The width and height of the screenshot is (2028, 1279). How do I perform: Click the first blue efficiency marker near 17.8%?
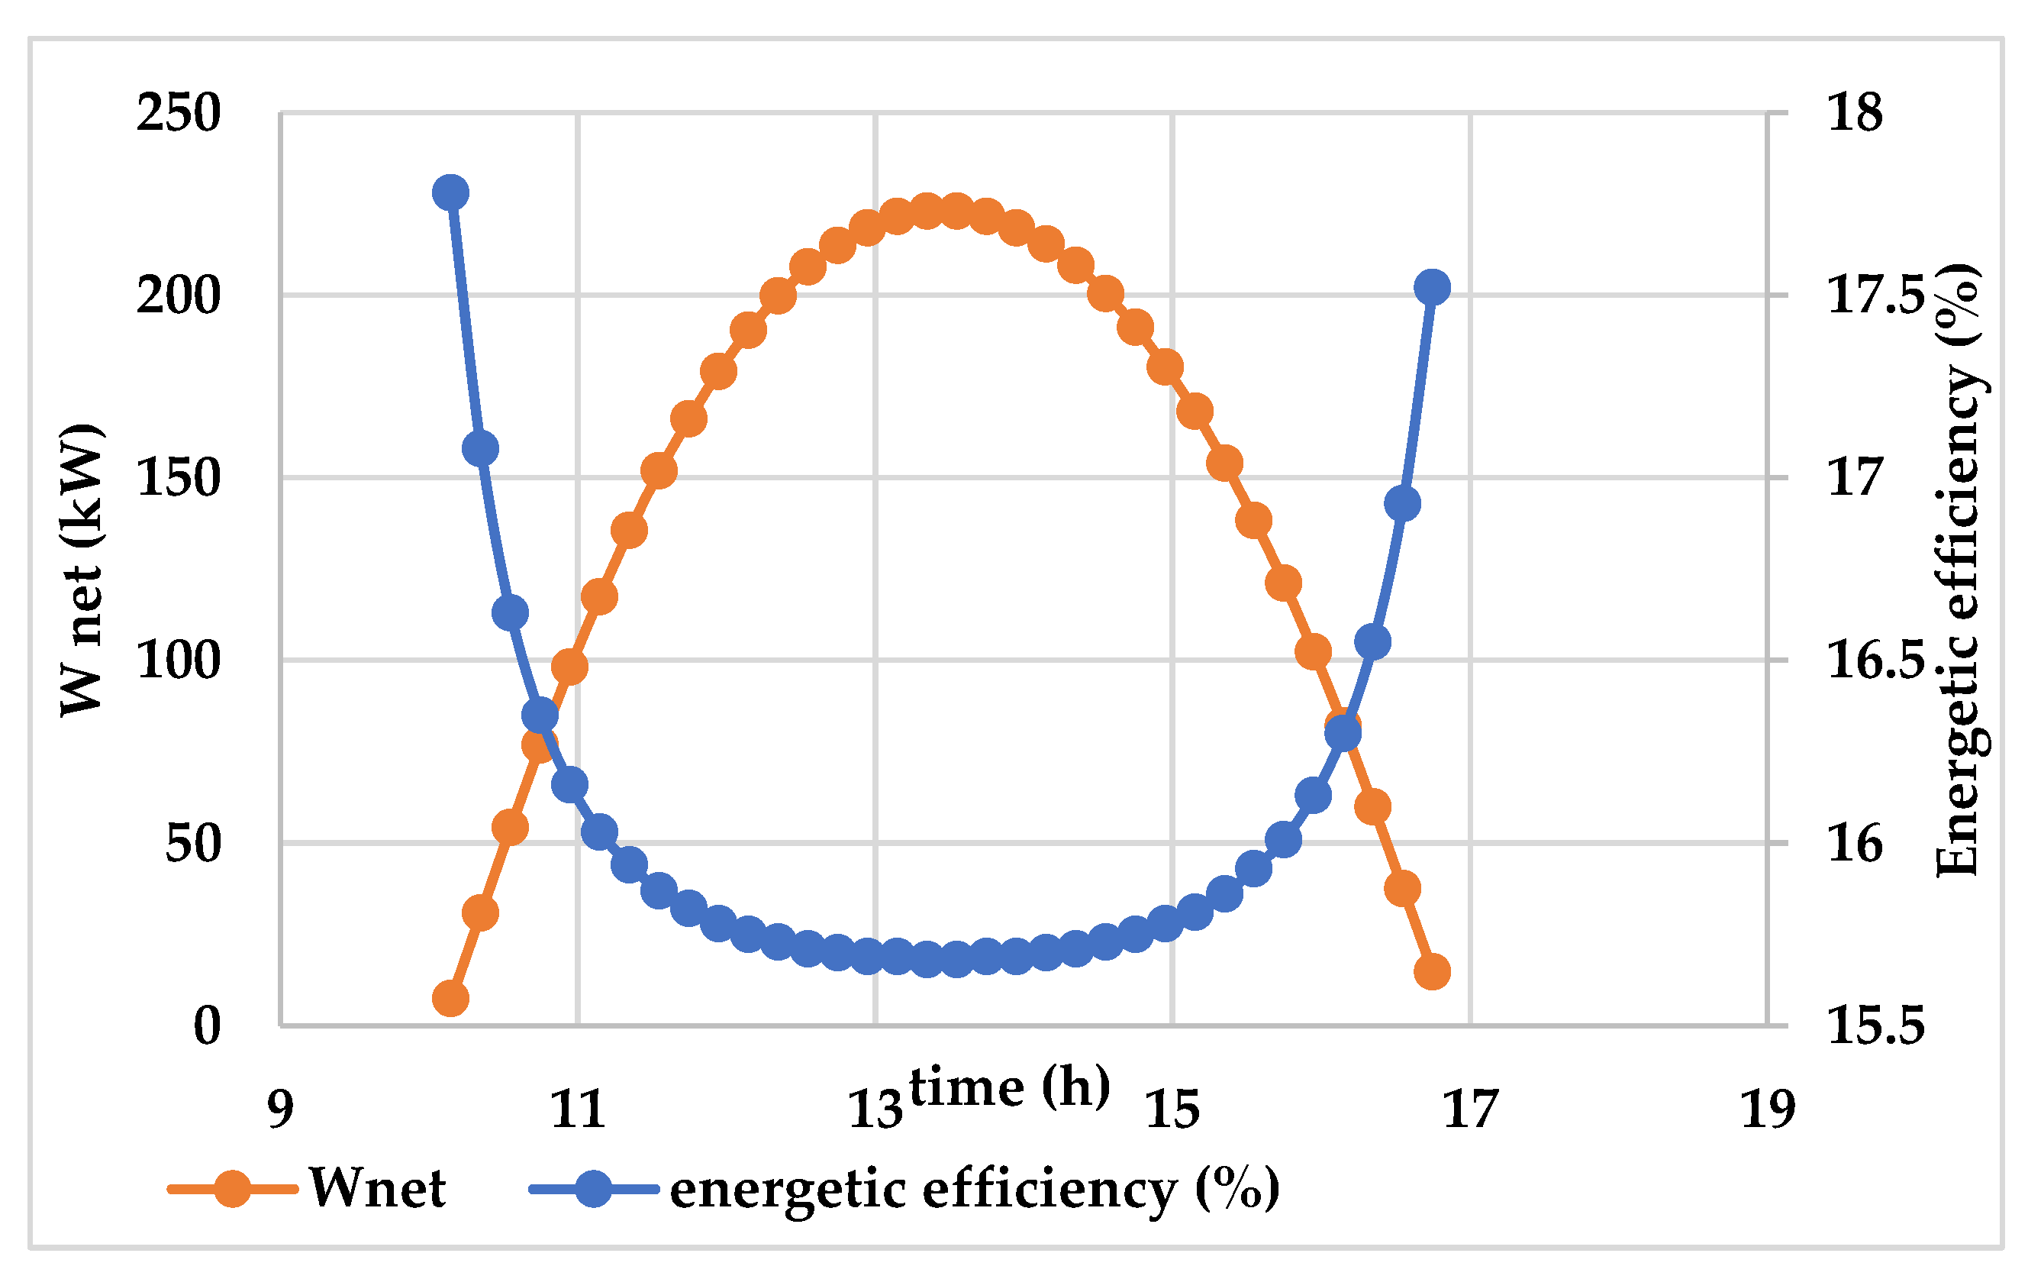coord(450,193)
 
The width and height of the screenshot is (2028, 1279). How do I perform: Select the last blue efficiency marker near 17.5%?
coord(1432,287)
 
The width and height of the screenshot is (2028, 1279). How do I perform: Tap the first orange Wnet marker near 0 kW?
coord(450,1000)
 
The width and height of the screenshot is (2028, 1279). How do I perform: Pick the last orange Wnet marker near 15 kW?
coord(1432,971)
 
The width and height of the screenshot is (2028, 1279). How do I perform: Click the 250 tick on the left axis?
coord(179,112)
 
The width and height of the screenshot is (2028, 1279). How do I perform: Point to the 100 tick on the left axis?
coord(179,660)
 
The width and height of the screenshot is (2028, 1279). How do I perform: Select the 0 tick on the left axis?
coord(207,1025)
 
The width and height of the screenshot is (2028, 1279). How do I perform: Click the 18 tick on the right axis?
coord(1854,112)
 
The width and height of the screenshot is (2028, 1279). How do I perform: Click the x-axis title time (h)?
coord(1009,1087)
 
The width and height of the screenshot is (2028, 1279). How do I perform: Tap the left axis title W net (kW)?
coord(82,570)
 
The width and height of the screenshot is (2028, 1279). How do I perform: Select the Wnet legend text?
coord(377,1189)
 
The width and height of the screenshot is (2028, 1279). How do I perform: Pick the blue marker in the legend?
coord(594,1189)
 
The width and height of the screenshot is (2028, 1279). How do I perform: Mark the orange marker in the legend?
coord(233,1189)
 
